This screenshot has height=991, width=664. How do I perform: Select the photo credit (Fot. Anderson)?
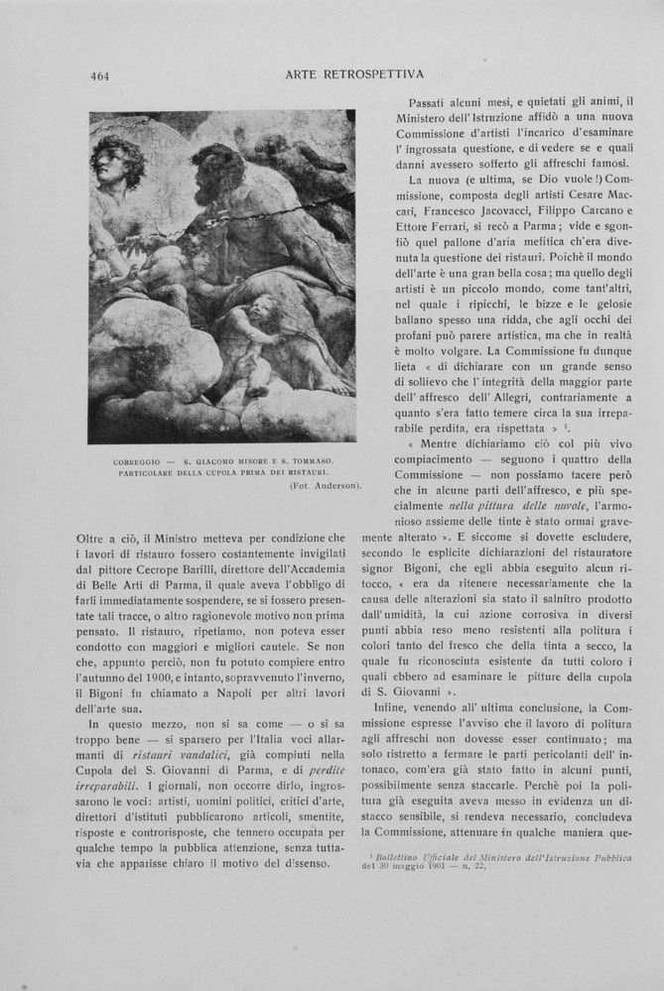coord(325,485)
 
